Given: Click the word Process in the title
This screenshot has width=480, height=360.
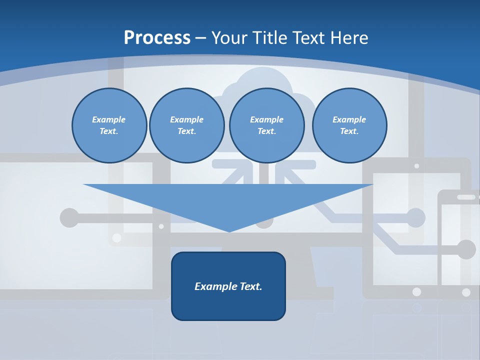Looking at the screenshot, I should pos(157,37).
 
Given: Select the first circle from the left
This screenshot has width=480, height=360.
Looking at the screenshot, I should pos(109,125).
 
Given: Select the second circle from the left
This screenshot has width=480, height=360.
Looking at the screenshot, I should pos(187,125).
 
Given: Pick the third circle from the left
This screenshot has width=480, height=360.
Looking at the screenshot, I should pos(266,125).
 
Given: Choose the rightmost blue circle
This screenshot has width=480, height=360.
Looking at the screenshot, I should pos(349,125).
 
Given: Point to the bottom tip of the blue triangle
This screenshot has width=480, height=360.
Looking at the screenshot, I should pos(228,231).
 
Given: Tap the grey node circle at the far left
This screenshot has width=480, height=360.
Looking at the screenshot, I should pos(69,218).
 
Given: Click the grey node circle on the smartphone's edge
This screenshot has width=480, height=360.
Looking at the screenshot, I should pos(466,249).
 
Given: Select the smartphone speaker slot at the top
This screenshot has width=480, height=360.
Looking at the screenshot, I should pos(466,197).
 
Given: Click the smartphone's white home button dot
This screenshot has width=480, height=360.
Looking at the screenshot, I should pos(466,292).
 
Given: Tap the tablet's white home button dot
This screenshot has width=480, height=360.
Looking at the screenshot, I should pos(416,291).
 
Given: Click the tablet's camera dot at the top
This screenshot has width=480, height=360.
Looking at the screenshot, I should pos(416,165).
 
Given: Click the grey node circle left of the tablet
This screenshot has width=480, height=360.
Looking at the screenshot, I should pos(416,218).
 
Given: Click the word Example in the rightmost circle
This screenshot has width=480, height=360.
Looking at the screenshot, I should pos(349,119).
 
